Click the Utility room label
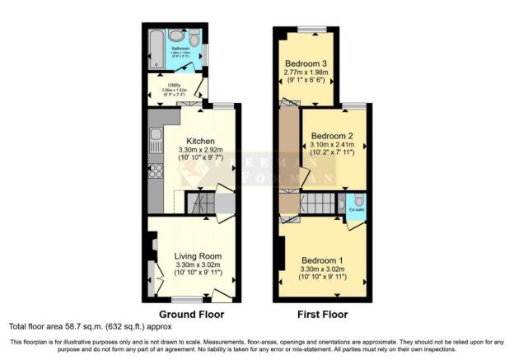[173, 85]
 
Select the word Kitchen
[200, 140]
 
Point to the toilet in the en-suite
[358, 201]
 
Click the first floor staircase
[317, 203]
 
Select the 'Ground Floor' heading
[190, 315]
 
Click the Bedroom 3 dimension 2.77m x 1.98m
[306, 73]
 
